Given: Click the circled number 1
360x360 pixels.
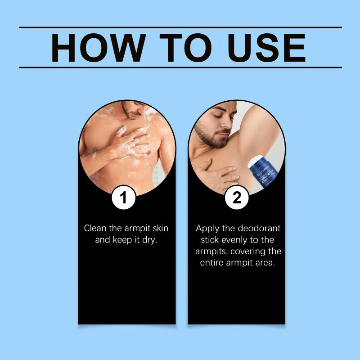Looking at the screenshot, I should pos(124,197).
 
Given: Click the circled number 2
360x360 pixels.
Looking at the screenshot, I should pos(236,197).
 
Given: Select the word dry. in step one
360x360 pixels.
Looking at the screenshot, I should pos(149,239).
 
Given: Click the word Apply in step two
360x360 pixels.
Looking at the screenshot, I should pos(208,228).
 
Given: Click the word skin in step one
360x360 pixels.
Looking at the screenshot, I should pos(158,228).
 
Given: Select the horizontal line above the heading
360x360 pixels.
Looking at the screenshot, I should pos(180,27).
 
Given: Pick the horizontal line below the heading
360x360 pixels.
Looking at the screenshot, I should pos(180,67).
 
